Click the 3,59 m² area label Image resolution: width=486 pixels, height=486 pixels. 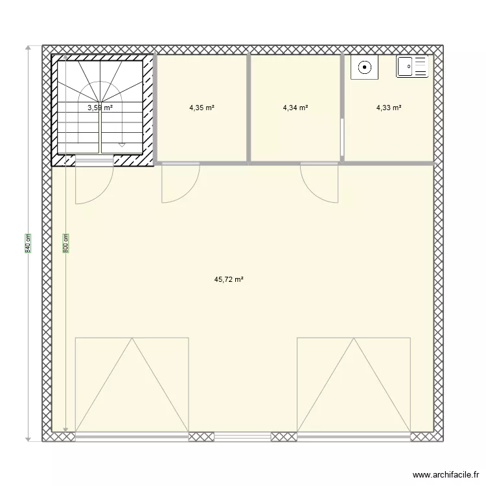[100, 108]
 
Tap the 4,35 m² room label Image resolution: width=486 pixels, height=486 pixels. [202, 108]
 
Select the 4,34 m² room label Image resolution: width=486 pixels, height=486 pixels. [295, 108]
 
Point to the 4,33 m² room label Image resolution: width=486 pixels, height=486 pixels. [388, 108]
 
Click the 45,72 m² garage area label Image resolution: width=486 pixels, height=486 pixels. [229, 280]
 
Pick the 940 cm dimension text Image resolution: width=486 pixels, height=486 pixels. [28, 243]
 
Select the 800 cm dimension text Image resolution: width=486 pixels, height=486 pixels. [65, 243]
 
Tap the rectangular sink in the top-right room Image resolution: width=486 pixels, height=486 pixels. [413, 66]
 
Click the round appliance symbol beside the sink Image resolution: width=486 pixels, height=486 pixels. [365, 66]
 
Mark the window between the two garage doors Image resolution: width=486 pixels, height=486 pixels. [242, 437]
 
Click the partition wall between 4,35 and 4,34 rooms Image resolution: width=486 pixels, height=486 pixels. [249, 108]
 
